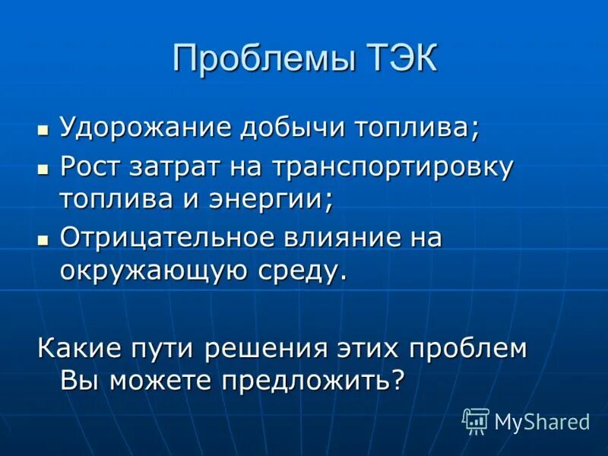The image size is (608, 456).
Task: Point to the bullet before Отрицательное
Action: coord(43,239)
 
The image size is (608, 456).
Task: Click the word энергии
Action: coord(279,201)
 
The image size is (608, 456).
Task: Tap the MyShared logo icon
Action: coord(476,420)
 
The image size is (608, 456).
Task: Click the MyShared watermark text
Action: coord(542,421)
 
